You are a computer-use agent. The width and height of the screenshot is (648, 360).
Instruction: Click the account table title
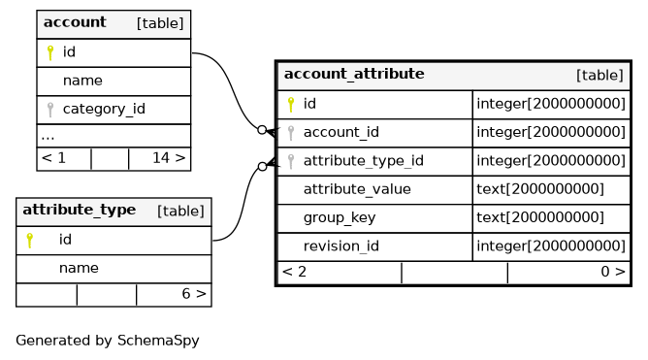click(75, 22)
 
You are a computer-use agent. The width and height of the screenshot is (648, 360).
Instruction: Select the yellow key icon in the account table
click(50, 52)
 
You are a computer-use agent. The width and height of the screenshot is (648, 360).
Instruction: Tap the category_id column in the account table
click(104, 109)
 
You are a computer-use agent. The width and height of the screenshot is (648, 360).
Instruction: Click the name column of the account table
click(82, 81)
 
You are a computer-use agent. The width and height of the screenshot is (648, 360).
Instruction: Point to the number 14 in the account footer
click(161, 158)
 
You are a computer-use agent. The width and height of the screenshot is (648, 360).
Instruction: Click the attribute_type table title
click(79, 210)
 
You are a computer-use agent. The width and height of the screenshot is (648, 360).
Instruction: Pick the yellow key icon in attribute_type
click(30, 240)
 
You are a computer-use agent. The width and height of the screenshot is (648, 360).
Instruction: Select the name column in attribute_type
click(79, 268)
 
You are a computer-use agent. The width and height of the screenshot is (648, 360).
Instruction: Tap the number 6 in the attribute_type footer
click(186, 294)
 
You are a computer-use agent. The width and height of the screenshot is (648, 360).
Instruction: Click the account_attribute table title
click(354, 74)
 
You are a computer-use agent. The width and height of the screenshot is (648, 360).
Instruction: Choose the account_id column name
click(340, 132)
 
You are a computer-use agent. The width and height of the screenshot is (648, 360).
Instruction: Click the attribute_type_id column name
click(363, 161)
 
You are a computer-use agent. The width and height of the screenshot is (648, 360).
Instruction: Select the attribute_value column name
click(357, 189)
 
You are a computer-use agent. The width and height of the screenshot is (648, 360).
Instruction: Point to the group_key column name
click(340, 217)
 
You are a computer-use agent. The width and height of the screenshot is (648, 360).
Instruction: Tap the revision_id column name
click(340, 246)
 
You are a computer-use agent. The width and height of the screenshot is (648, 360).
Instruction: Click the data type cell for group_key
click(540, 217)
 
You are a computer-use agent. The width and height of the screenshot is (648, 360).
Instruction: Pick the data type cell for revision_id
click(551, 246)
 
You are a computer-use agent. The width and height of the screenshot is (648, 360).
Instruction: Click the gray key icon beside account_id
click(291, 133)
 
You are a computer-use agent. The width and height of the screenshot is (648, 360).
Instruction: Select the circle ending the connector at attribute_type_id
click(262, 166)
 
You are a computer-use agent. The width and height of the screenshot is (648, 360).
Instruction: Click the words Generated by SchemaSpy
click(108, 341)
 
